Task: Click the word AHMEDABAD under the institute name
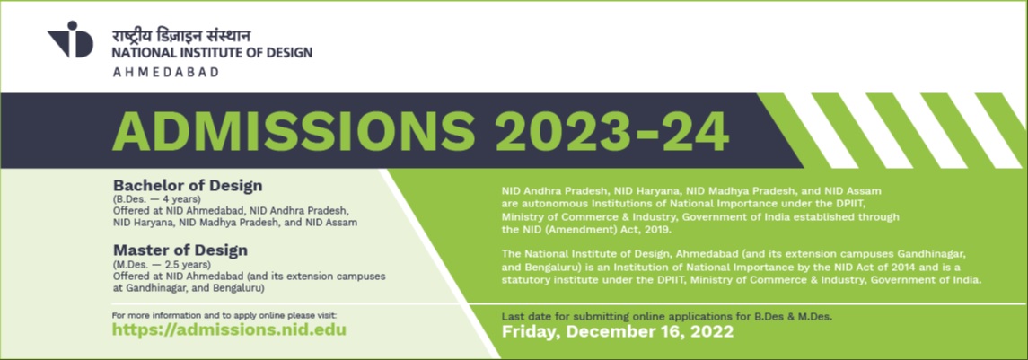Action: tap(165, 72)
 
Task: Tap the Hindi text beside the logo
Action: tap(181, 35)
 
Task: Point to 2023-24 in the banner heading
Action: tap(612, 131)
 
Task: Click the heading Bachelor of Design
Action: tap(188, 186)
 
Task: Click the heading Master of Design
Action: tap(180, 250)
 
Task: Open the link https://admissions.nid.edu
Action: tap(229, 329)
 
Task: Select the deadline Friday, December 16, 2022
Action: tap(617, 332)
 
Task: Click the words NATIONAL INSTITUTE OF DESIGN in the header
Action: tap(213, 52)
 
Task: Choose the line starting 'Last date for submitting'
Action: tap(667, 317)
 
